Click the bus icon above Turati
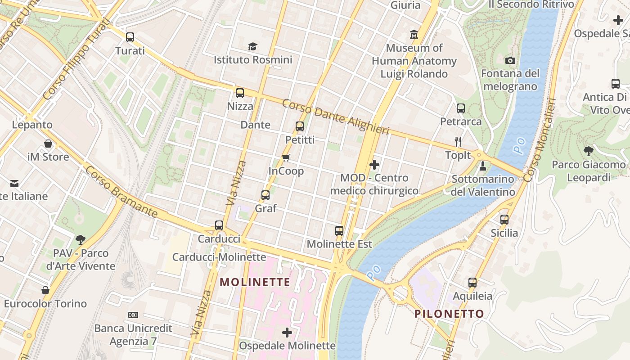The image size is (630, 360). tap(130, 37)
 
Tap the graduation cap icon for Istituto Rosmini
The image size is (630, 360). tap(252, 46)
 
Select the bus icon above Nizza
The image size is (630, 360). tap(240, 93)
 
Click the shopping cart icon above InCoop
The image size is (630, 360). tap(286, 157)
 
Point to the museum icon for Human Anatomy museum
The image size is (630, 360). tap(414, 35)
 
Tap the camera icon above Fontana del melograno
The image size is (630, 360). tap(510, 60)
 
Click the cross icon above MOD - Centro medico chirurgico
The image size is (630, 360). tap(374, 165)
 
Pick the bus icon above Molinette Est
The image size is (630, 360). tap(339, 231)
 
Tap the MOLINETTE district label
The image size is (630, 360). tap(255, 282)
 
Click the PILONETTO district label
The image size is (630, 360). tap(449, 314)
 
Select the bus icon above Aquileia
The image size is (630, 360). tap(472, 283)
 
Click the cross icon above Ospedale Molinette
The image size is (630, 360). tap(287, 333)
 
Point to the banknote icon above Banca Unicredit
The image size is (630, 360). tap(133, 315)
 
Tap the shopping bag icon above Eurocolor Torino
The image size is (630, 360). tap(45, 290)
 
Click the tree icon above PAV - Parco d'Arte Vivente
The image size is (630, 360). tap(81, 239)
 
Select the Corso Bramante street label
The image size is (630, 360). tap(121, 191)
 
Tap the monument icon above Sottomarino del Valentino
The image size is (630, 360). tap(483, 166)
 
